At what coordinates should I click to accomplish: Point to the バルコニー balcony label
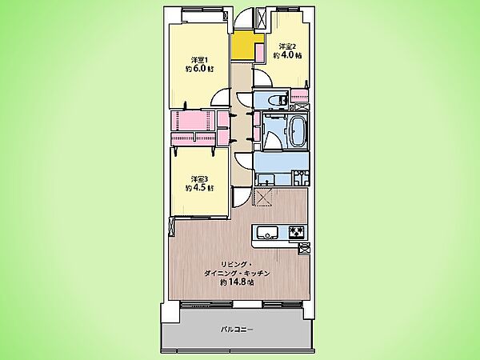(x=237, y=330)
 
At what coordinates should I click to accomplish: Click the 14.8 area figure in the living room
(x=238, y=282)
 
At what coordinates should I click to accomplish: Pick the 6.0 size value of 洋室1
(x=198, y=69)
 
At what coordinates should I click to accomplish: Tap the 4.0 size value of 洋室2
(x=287, y=55)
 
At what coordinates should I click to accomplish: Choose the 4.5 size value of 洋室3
(x=198, y=188)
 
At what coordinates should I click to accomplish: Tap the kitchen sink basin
(x=267, y=232)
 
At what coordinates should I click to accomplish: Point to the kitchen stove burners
(x=297, y=232)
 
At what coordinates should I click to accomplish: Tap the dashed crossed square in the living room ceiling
(x=263, y=198)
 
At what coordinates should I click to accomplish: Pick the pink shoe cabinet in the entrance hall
(x=259, y=52)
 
